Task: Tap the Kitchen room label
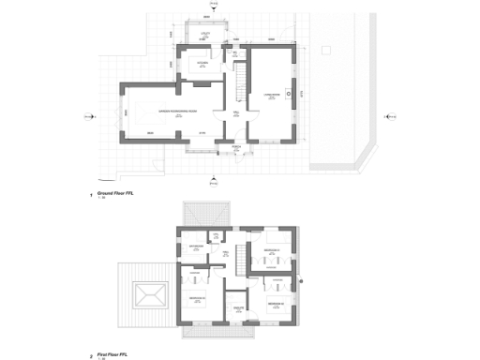point(202,64)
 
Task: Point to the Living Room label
point(271,95)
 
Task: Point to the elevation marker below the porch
point(217,178)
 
